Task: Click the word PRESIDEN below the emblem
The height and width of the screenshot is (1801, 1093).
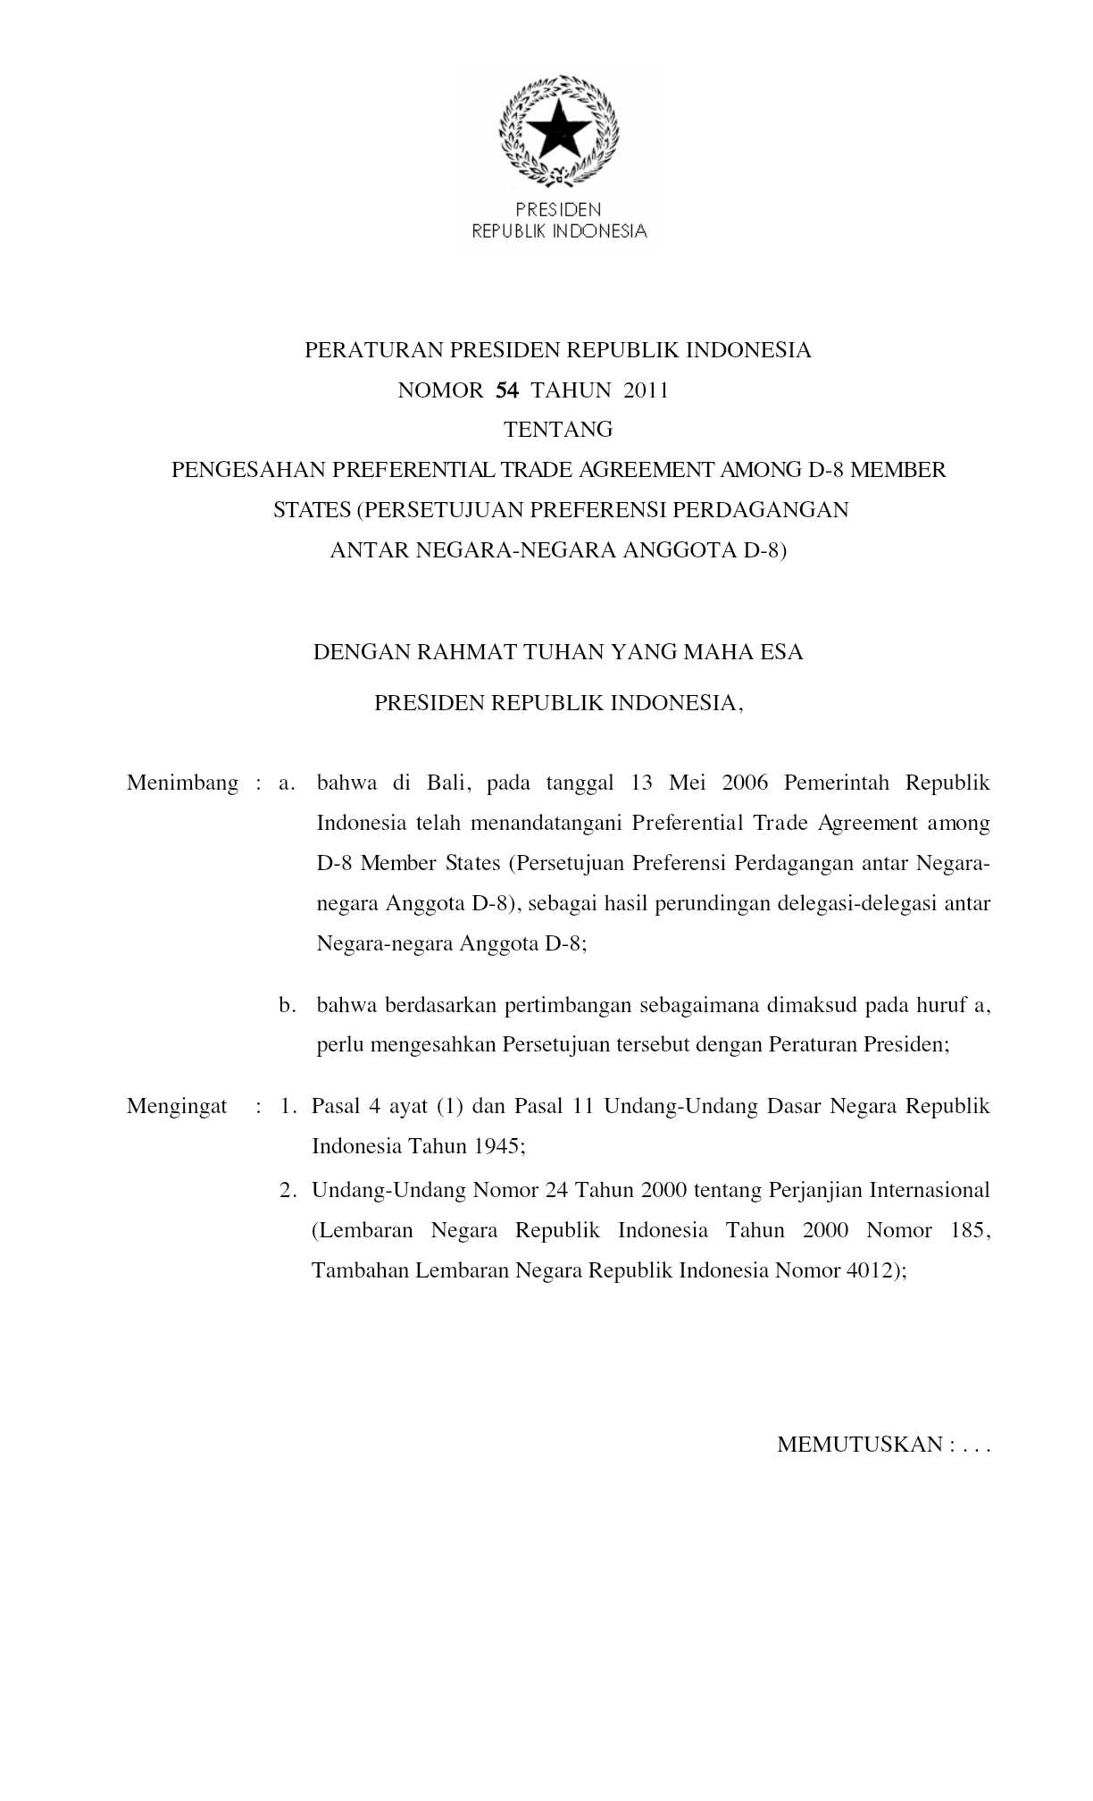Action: tap(559, 210)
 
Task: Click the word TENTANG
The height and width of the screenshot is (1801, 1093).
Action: tap(558, 430)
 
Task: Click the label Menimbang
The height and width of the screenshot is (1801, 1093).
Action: tap(182, 783)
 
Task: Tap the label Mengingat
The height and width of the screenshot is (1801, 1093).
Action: tap(177, 1106)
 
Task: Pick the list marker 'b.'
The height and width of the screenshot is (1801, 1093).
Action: tap(287, 1005)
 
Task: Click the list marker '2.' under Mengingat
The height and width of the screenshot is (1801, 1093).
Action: tap(287, 1190)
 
